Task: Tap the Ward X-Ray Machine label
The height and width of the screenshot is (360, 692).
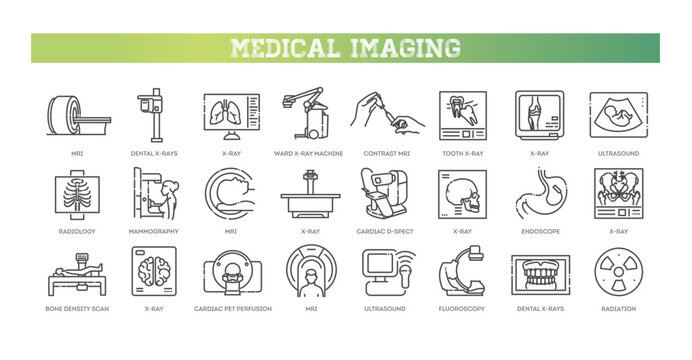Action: pyautogui.click(x=310, y=153)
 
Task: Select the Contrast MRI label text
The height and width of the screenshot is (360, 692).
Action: pyautogui.click(x=387, y=153)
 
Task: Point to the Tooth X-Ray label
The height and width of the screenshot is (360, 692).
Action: pyautogui.click(x=463, y=153)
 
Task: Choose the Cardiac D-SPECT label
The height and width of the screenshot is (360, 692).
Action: pyautogui.click(x=387, y=231)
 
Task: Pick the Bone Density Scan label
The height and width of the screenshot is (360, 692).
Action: pyautogui.click(x=78, y=308)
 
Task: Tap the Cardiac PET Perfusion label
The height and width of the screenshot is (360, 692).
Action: pyautogui.click(x=233, y=308)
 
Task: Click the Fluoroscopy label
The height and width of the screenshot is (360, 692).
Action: pyautogui.click(x=463, y=308)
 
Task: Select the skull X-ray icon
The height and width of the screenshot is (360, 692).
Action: pyautogui.click(x=463, y=192)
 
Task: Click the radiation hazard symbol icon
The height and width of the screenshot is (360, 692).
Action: pyautogui.click(x=617, y=270)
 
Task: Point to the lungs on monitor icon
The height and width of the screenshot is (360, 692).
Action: pyautogui.click(x=232, y=115)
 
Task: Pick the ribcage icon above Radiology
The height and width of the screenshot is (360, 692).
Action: pyautogui.click(x=78, y=192)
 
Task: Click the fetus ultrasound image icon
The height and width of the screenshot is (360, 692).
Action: pyautogui.click(x=617, y=115)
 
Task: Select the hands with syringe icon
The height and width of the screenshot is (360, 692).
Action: pyautogui.click(x=387, y=115)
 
